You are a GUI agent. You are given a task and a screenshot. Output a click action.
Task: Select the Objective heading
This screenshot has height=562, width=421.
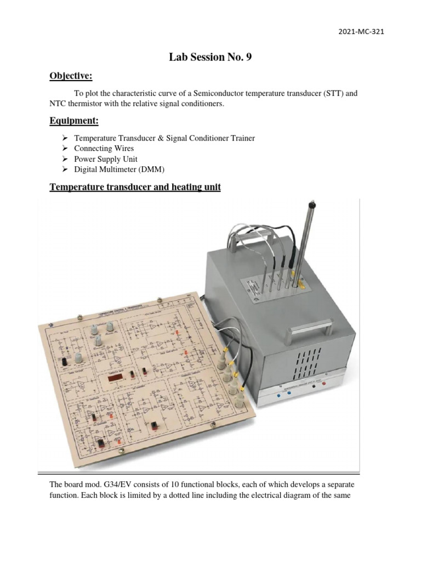pyautogui.click(x=71, y=75)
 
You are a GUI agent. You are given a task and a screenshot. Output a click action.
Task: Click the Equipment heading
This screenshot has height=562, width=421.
pyautogui.click(x=75, y=120)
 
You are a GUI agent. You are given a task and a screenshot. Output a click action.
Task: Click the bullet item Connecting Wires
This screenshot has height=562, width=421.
pyautogui.click(x=104, y=148)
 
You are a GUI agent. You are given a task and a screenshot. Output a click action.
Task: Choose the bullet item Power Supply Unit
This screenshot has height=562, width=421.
pyautogui.click(x=106, y=159)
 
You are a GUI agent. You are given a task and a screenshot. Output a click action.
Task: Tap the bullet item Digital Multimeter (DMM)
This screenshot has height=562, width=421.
pyautogui.click(x=119, y=169)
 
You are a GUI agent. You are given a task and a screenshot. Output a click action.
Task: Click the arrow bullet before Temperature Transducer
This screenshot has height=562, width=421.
pyautogui.click(x=64, y=138)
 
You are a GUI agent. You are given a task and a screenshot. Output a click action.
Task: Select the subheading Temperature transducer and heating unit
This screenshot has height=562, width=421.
pyautogui.click(x=135, y=187)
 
